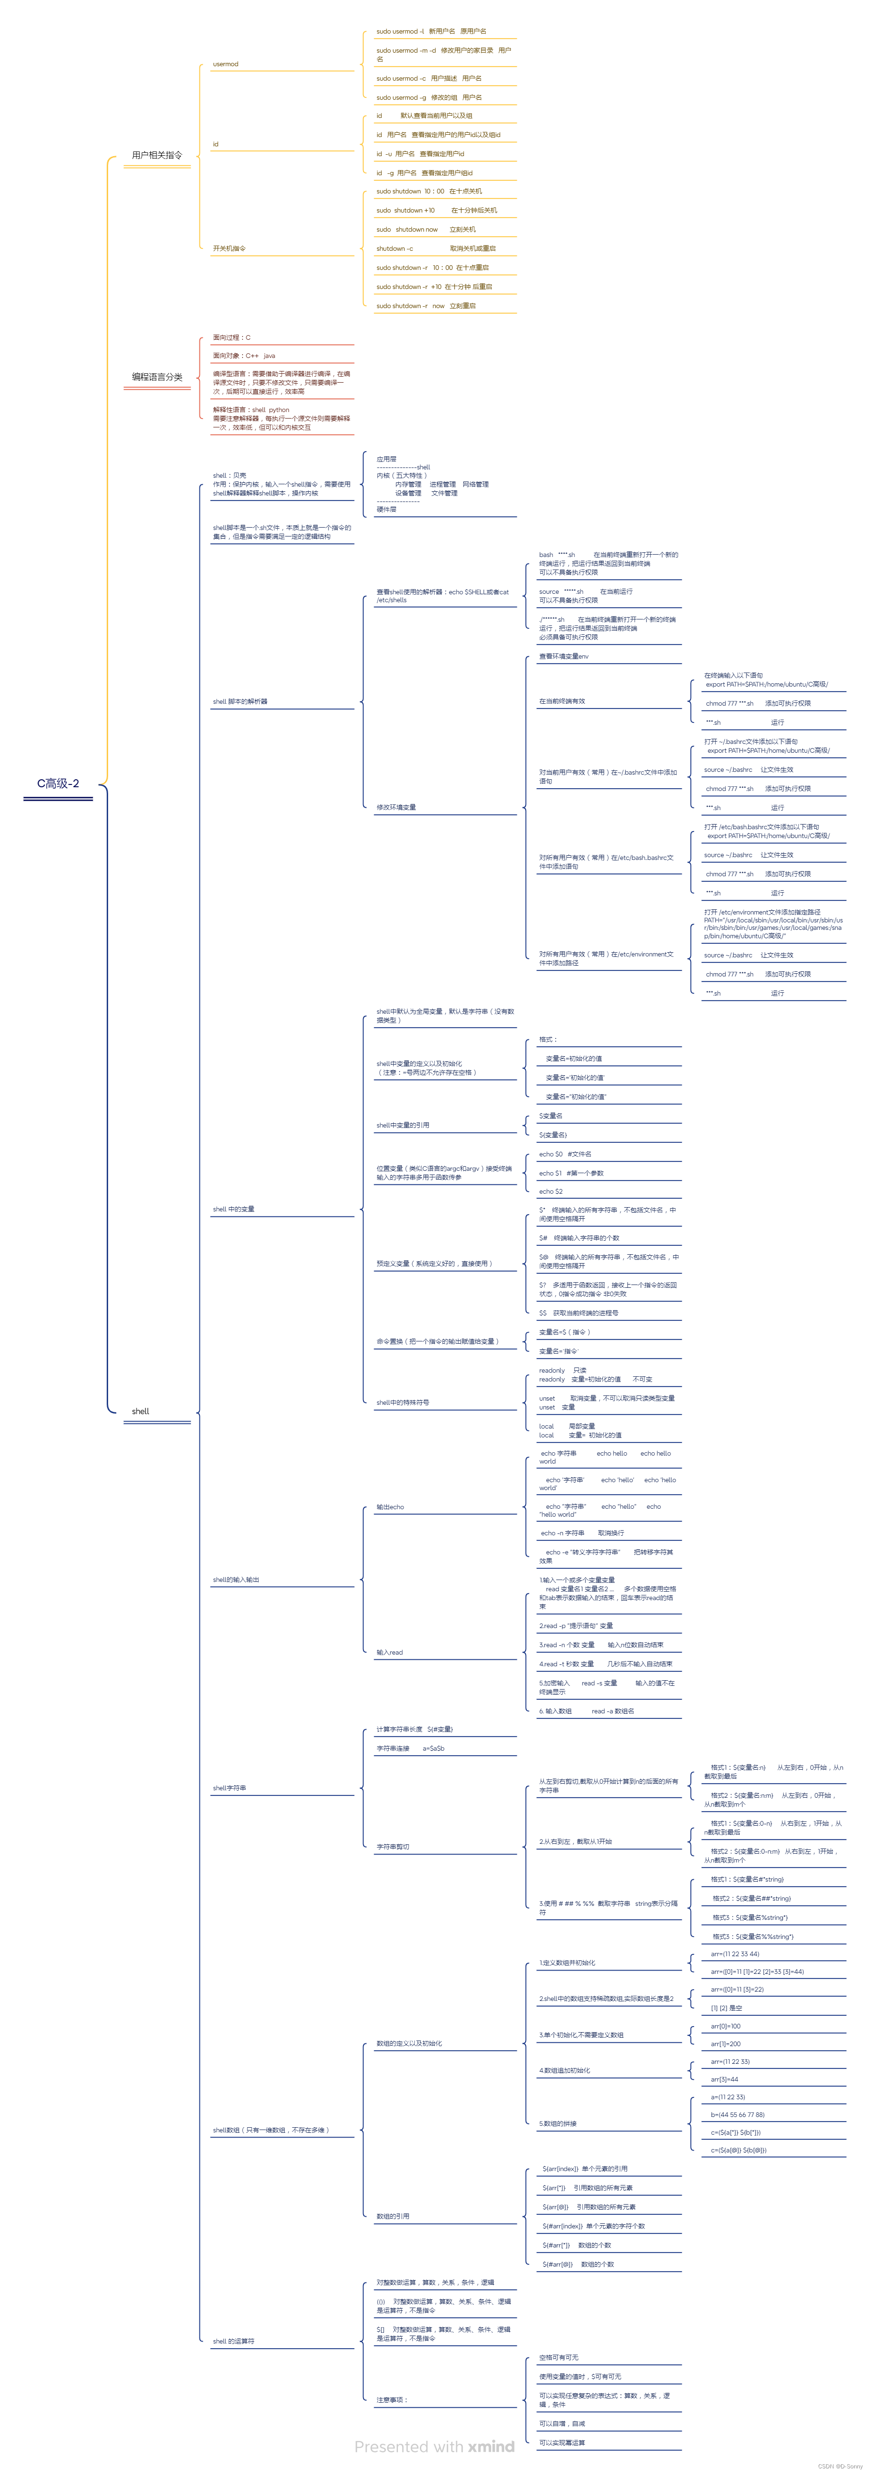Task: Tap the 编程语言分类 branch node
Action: [x=157, y=378]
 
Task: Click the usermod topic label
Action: [x=226, y=64]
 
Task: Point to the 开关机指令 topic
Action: [x=230, y=249]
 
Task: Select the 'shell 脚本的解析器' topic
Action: [x=240, y=702]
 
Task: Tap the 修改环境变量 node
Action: [x=396, y=808]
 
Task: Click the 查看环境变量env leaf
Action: [x=564, y=657]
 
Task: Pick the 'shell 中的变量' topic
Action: [x=233, y=1209]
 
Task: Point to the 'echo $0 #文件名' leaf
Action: [x=565, y=1155]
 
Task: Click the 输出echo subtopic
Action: [x=390, y=1507]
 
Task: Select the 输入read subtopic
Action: [x=389, y=1653]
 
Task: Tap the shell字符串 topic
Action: [x=230, y=1788]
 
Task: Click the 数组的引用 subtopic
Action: [x=393, y=2217]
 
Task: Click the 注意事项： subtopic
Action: [x=392, y=2400]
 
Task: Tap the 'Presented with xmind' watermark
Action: [x=434, y=2447]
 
